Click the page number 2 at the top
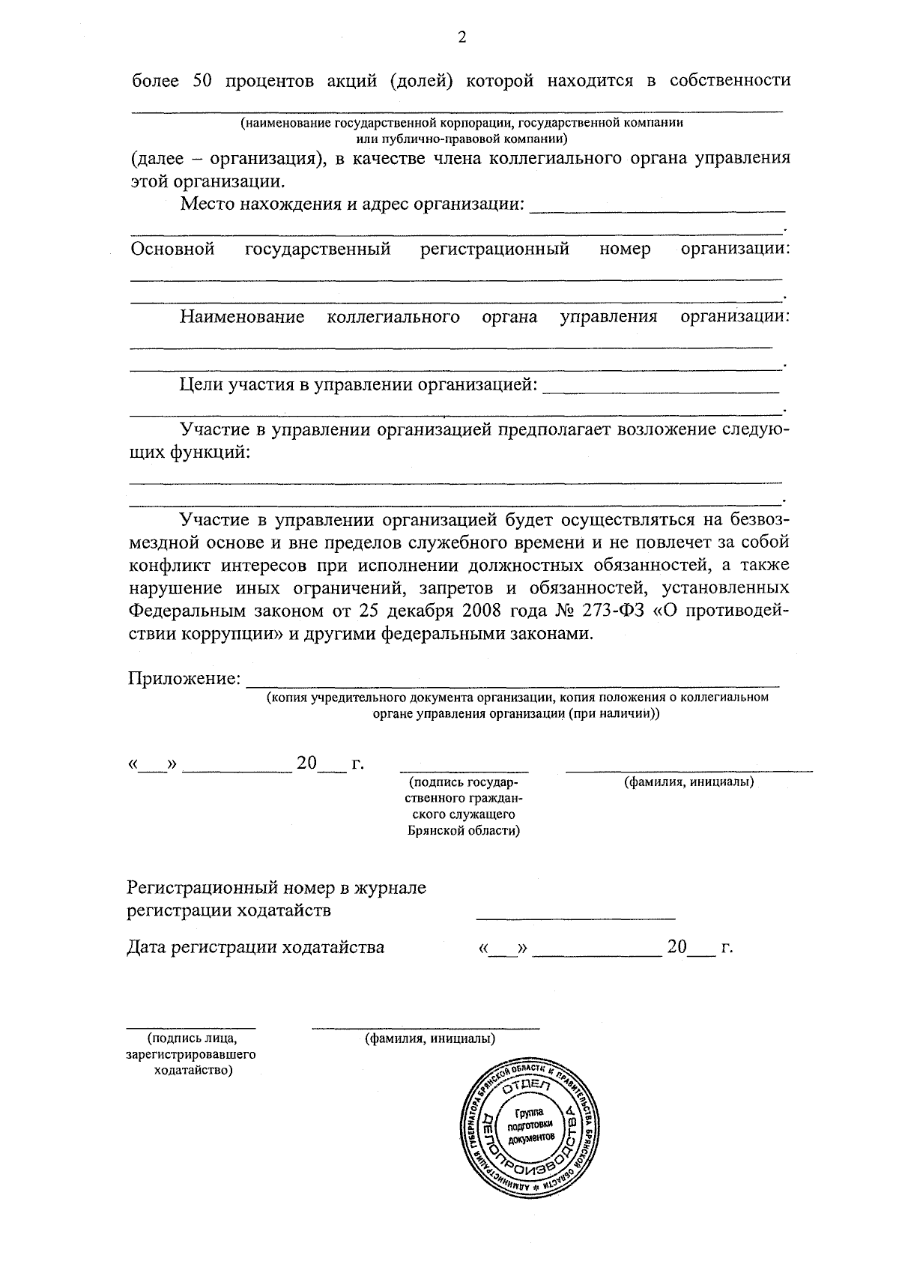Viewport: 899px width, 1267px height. point(461,37)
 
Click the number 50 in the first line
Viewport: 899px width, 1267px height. point(205,82)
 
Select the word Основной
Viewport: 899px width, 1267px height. point(173,249)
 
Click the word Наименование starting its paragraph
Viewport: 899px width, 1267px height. point(242,317)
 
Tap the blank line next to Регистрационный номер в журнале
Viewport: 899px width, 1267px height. point(575,917)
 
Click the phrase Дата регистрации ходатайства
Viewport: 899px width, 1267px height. point(255,947)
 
